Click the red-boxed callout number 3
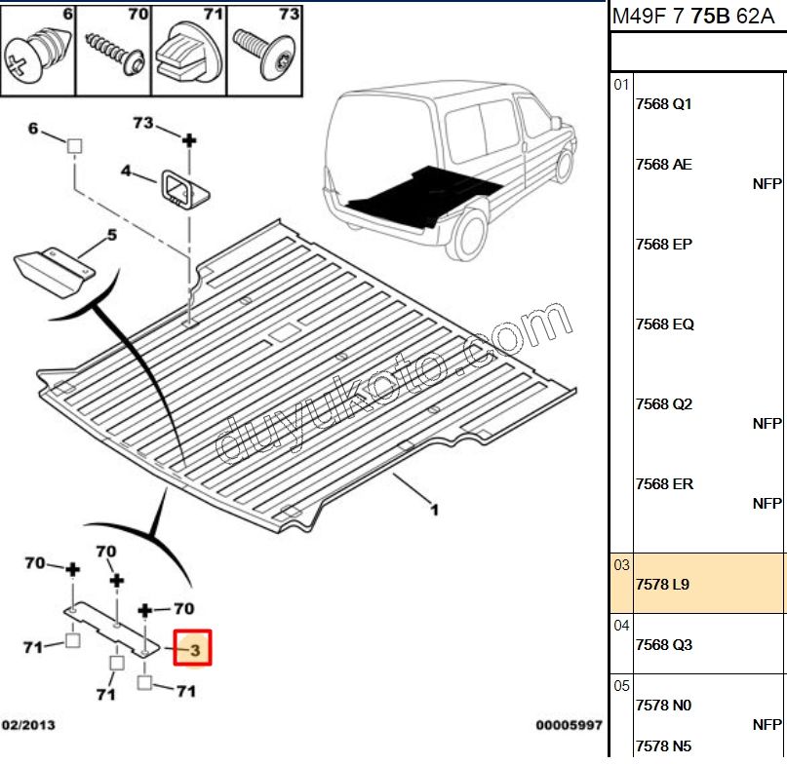[x=193, y=648]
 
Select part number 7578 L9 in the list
[x=662, y=585]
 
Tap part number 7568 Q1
[x=663, y=104]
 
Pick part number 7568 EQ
[x=664, y=325]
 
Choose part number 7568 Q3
[x=663, y=645]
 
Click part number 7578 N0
[x=662, y=706]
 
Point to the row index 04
[x=622, y=626]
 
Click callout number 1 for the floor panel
[x=434, y=509]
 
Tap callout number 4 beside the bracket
[x=126, y=172]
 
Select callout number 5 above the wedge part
[x=111, y=235]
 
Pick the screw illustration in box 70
[x=114, y=54]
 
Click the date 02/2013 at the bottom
[x=28, y=726]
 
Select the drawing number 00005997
[x=568, y=726]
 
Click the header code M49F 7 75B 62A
[x=696, y=16]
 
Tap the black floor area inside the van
[x=419, y=193]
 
